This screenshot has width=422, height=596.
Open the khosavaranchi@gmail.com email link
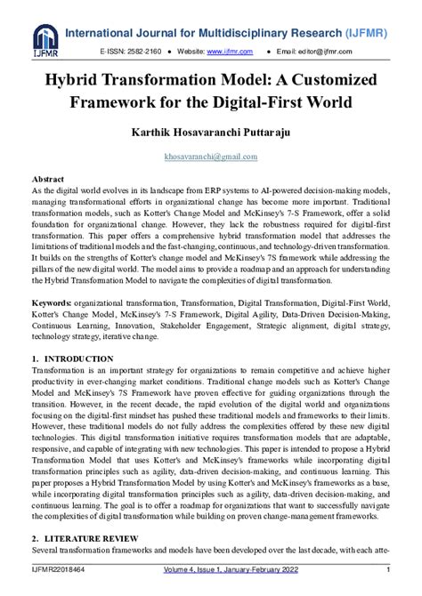coord(211,156)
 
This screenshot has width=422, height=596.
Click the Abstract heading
coord(48,179)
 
